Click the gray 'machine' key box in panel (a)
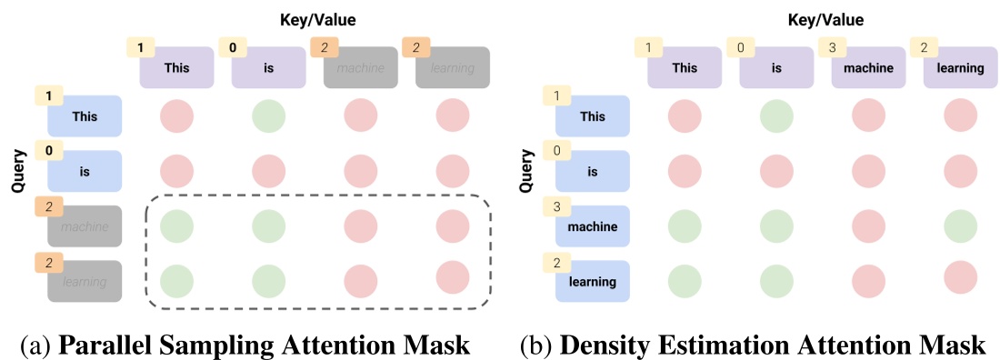(361, 67)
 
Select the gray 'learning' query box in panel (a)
(85, 282)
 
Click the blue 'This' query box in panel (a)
(85, 115)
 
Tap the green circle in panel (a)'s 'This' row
(268, 116)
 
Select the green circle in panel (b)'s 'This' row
(777, 116)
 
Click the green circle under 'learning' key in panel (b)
(961, 225)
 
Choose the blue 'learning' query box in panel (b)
(593, 282)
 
